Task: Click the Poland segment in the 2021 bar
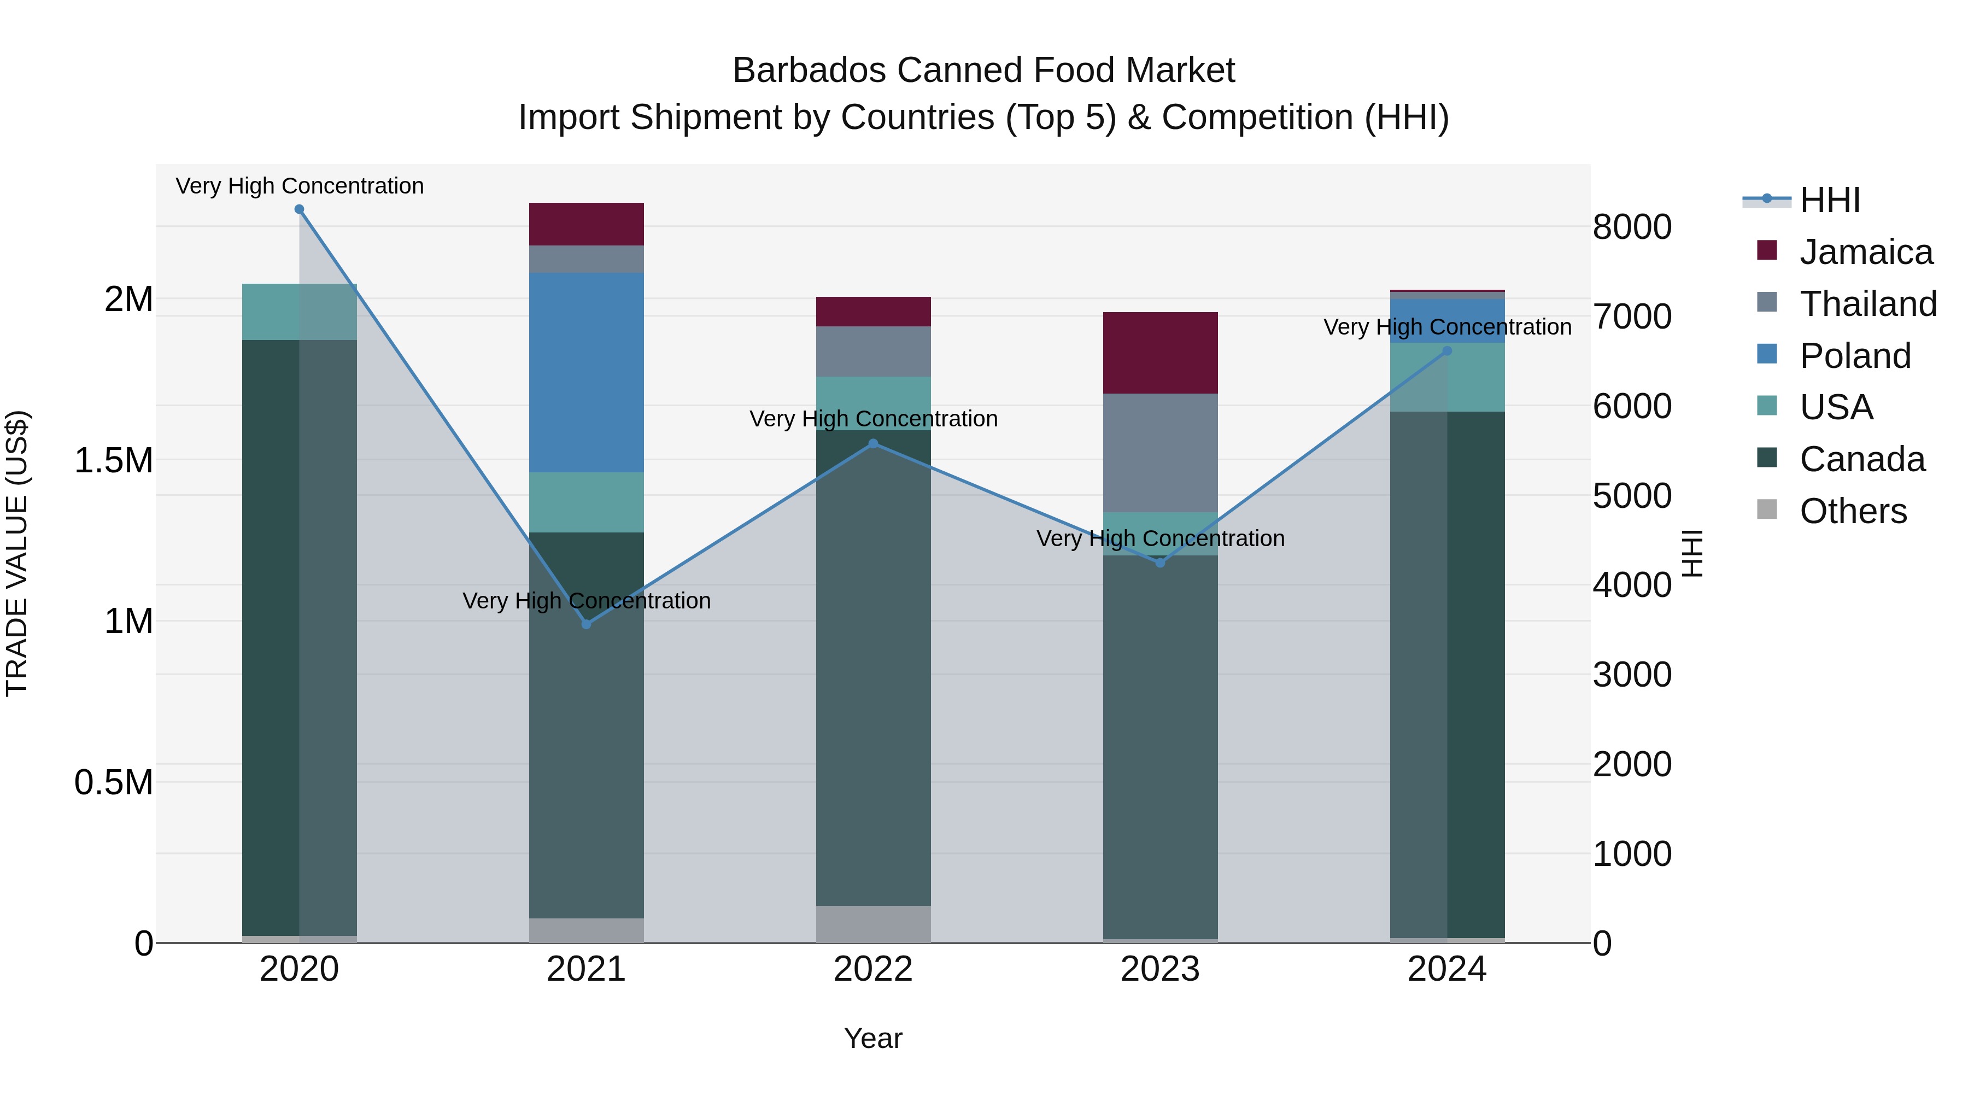click(x=586, y=372)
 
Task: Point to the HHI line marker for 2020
click(x=300, y=209)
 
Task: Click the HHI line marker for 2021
click(x=586, y=624)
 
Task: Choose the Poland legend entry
click(x=1854, y=356)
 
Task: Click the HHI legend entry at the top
click(x=1829, y=200)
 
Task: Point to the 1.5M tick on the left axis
click(x=113, y=461)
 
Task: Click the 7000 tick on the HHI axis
click(x=1632, y=317)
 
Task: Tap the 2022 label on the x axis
click(x=873, y=969)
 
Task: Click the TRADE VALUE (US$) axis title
click(x=17, y=553)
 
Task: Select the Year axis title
click(x=872, y=1038)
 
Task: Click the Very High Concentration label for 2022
click(x=873, y=419)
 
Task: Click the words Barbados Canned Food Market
click(x=983, y=71)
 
